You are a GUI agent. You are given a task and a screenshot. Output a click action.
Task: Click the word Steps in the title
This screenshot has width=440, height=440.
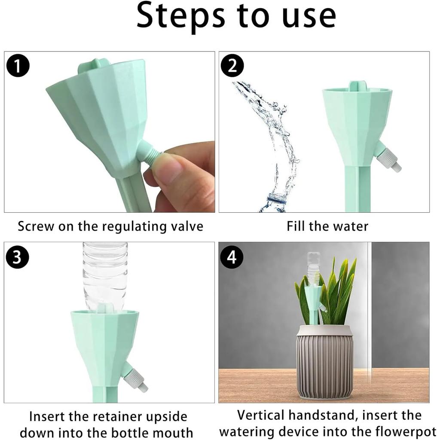coord(181,16)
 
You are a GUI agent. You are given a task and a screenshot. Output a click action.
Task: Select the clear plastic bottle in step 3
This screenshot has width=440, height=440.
coord(105,273)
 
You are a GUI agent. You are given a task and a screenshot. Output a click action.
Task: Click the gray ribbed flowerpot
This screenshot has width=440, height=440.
coord(324,361)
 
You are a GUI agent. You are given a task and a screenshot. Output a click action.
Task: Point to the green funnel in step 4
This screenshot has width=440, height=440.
coord(313,296)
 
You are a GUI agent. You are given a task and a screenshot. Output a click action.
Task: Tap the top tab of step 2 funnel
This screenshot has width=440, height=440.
coord(357,86)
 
